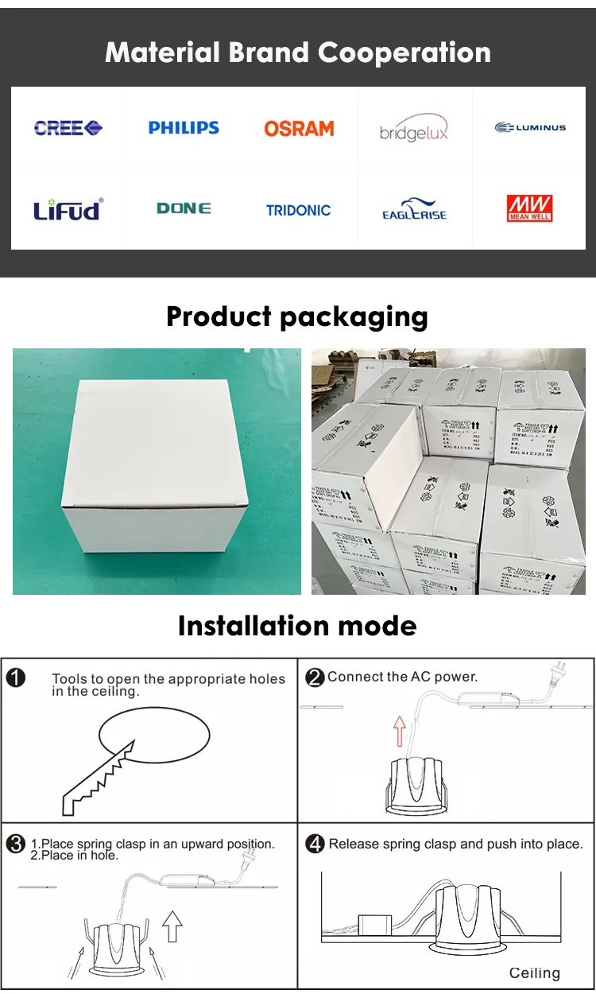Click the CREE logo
[68, 127]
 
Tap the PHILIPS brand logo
[184, 127]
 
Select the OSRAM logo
[299, 128]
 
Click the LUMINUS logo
[530, 127]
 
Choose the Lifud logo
[68, 210]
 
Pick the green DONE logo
[184, 208]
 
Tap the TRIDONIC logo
[299, 211]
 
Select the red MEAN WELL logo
[530, 208]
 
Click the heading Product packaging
[297, 316]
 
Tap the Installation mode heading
[297, 626]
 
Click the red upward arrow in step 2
[400, 730]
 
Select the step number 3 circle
[16, 844]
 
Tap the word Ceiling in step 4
[535, 973]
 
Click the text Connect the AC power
[402, 677]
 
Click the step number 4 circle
[315, 844]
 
